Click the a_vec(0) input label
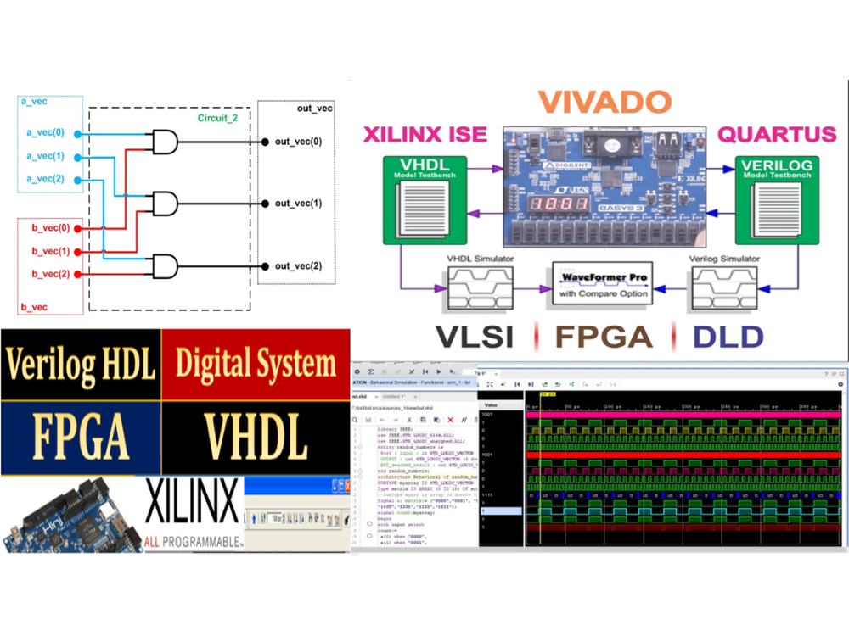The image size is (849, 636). click(45, 133)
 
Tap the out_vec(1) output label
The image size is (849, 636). click(298, 204)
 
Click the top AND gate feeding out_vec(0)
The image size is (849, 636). click(165, 142)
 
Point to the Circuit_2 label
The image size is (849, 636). click(217, 118)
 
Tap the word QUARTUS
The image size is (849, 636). click(776, 135)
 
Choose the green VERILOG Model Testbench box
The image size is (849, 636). click(775, 197)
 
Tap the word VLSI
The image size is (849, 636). click(474, 336)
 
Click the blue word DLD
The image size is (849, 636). click(728, 336)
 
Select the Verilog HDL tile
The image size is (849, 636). click(82, 365)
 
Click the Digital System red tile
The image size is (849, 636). click(256, 365)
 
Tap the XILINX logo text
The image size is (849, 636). click(192, 506)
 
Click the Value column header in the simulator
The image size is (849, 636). click(493, 406)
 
